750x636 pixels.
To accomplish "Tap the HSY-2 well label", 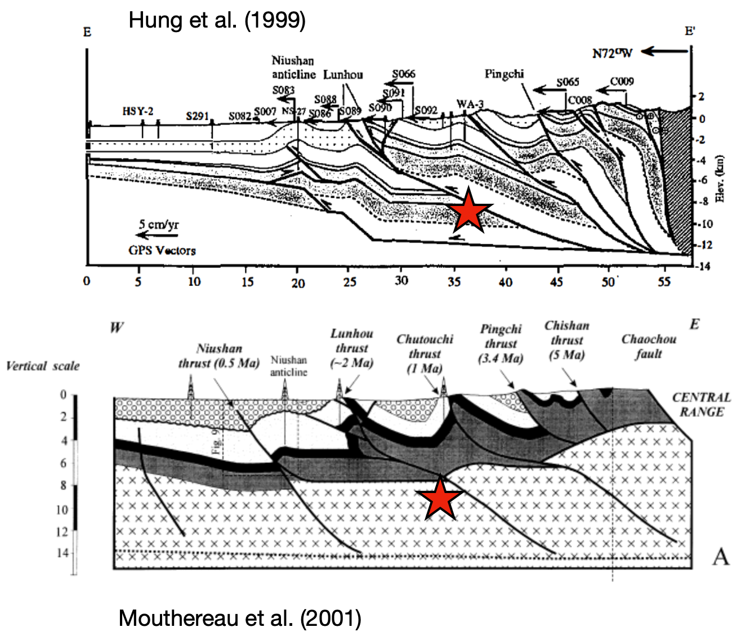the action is [138, 111].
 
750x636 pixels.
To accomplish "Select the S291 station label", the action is [198, 116].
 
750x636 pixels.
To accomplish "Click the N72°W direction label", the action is [612, 53].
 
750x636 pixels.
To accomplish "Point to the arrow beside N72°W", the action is [664, 52].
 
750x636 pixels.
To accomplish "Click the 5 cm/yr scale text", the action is [159, 225].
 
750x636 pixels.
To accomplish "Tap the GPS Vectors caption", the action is [162, 250].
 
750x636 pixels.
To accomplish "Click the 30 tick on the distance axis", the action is [401, 280].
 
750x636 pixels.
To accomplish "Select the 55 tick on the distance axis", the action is [664, 281].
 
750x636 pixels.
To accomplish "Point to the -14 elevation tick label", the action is [704, 266].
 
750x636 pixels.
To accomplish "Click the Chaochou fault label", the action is [649, 346].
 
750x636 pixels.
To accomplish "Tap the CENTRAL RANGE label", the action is [701, 404].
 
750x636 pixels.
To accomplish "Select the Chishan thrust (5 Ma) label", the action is [566, 340].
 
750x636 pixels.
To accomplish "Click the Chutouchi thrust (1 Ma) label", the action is [425, 353].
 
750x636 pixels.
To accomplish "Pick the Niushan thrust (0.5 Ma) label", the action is [219, 356].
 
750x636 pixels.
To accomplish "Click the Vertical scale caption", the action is [43, 366].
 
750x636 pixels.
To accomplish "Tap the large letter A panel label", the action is [721, 557].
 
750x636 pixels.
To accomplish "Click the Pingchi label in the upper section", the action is [504, 74].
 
